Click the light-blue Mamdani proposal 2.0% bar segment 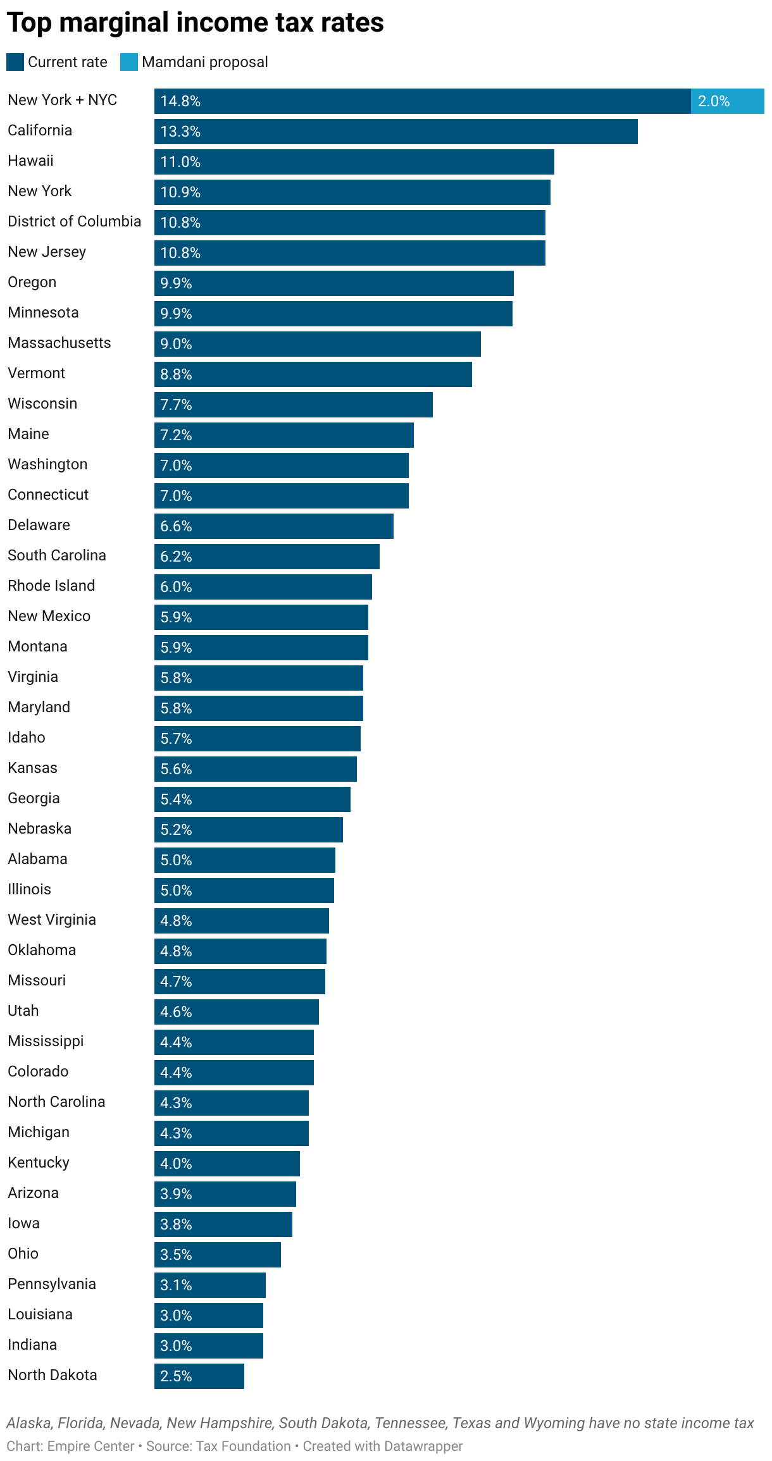[727, 101]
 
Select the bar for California [395, 132]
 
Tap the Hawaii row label [30, 161]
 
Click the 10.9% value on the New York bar [180, 192]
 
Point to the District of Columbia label [74, 221]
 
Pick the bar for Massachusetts [317, 344]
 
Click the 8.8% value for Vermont [176, 374]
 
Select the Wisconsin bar [293, 405]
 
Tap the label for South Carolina [57, 555]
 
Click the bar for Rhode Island [263, 587]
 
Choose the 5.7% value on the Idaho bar [176, 739]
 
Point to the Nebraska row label [39, 829]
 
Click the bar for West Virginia [241, 921]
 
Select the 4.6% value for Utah [176, 1012]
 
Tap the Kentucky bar [227, 1164]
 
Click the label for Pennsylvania [52, 1284]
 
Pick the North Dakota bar [199, 1376]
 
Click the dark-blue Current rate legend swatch [15, 62]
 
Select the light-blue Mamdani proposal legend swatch [129, 62]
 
